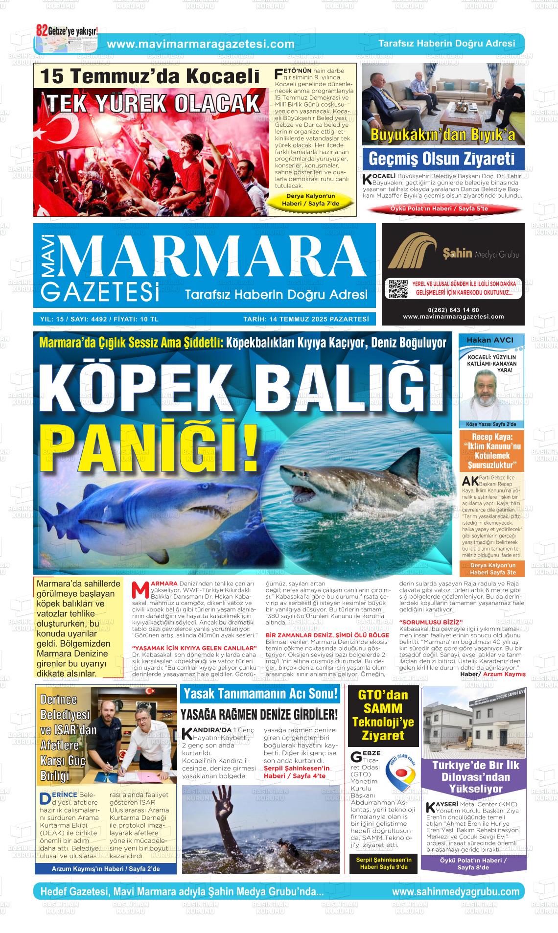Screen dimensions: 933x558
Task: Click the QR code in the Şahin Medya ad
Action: coord(397,289)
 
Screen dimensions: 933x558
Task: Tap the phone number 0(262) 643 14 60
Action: coord(453,310)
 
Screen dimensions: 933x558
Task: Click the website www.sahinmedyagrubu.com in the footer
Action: coord(455,891)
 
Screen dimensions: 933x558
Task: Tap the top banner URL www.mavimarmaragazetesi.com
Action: coord(201,44)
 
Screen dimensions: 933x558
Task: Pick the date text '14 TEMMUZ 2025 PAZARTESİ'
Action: coord(305,319)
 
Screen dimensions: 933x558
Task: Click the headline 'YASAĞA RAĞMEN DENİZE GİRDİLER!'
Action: coord(259,714)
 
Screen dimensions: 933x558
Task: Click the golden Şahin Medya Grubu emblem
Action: coord(412,253)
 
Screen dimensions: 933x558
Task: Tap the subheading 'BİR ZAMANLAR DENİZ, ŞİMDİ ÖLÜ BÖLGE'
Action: coord(327,635)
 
